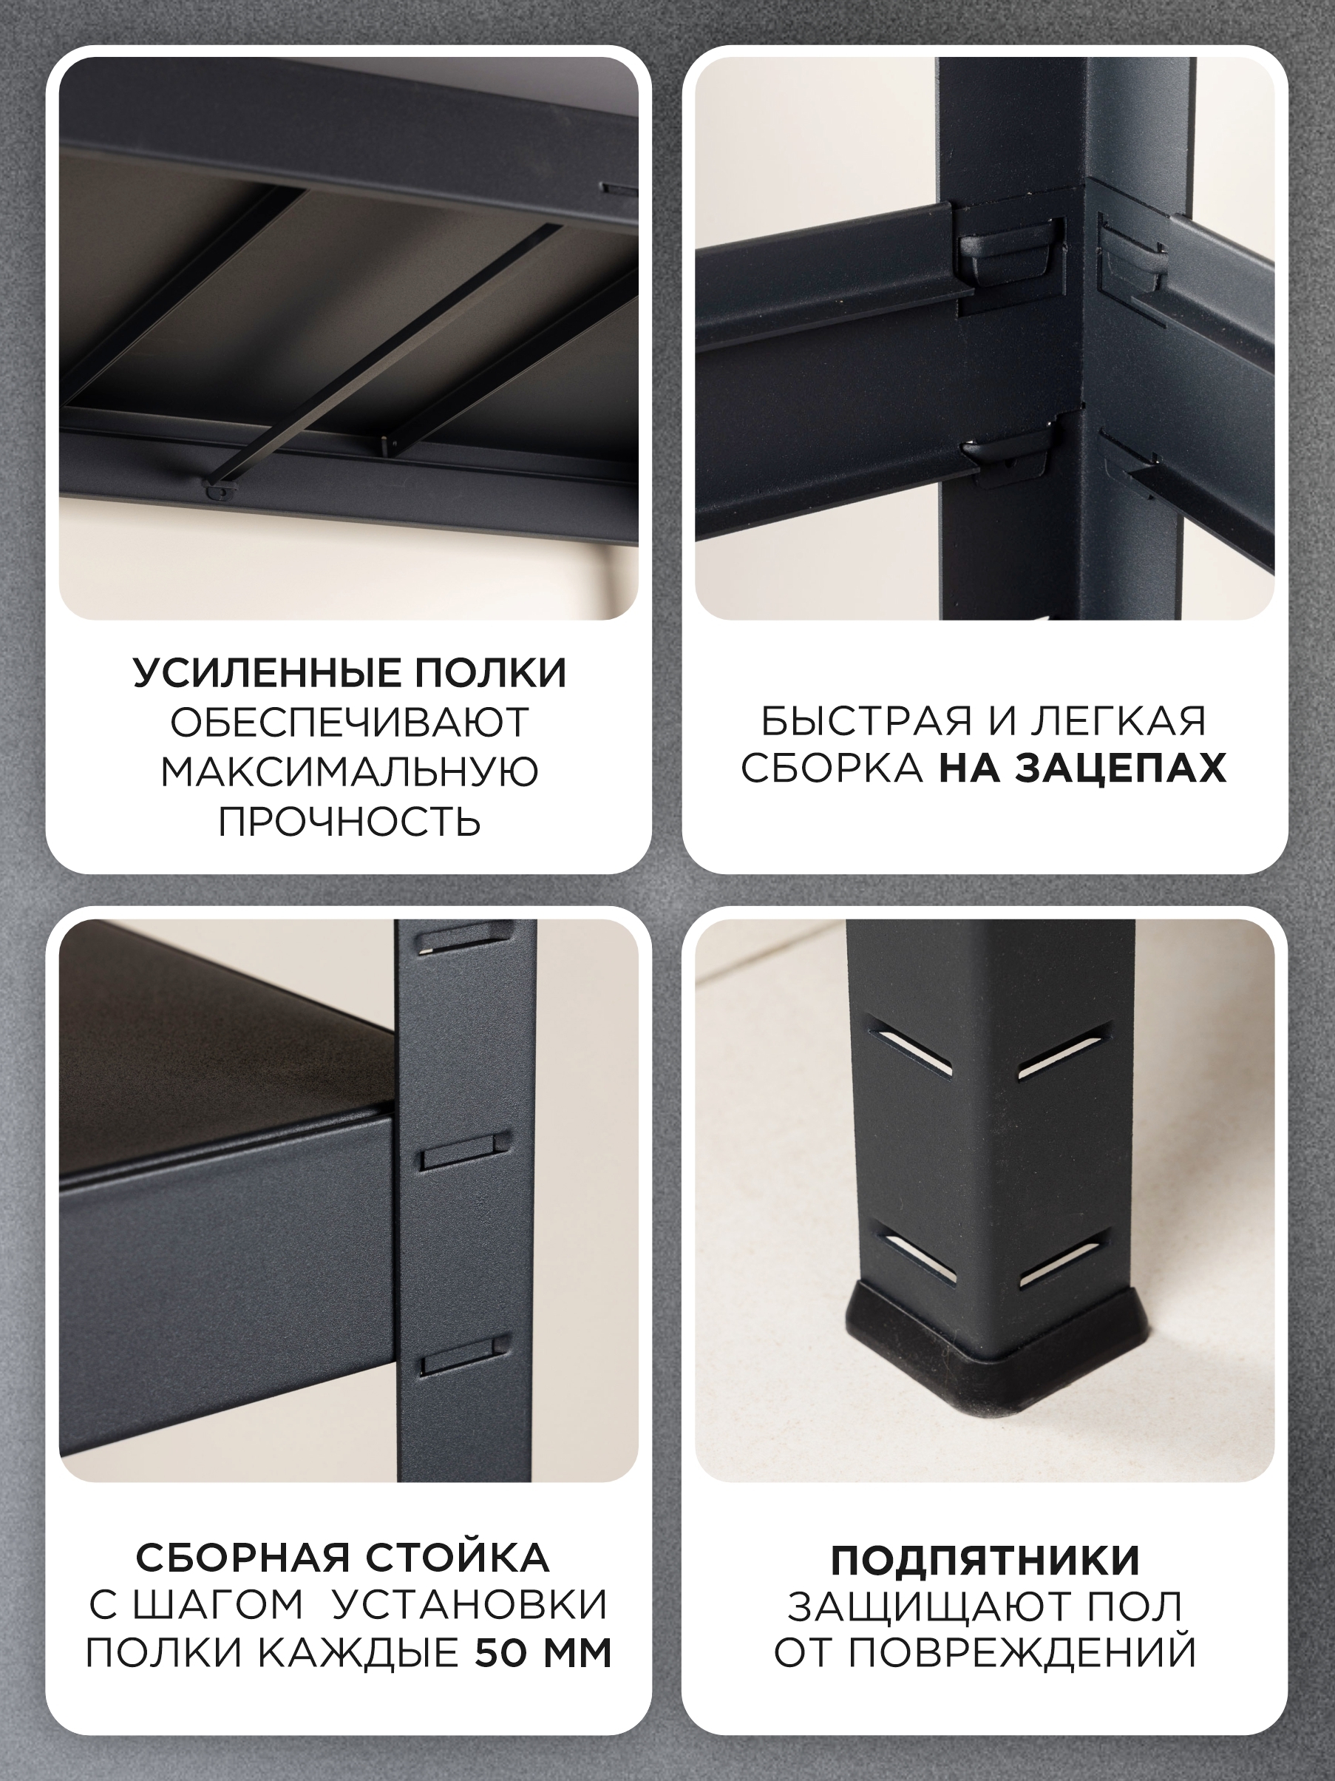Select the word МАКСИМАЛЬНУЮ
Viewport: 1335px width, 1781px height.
349,772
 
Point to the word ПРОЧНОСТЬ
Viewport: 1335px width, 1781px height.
349,822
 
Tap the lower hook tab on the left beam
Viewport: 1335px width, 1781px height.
1010,453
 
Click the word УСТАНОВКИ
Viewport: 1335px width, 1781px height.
470,1606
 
